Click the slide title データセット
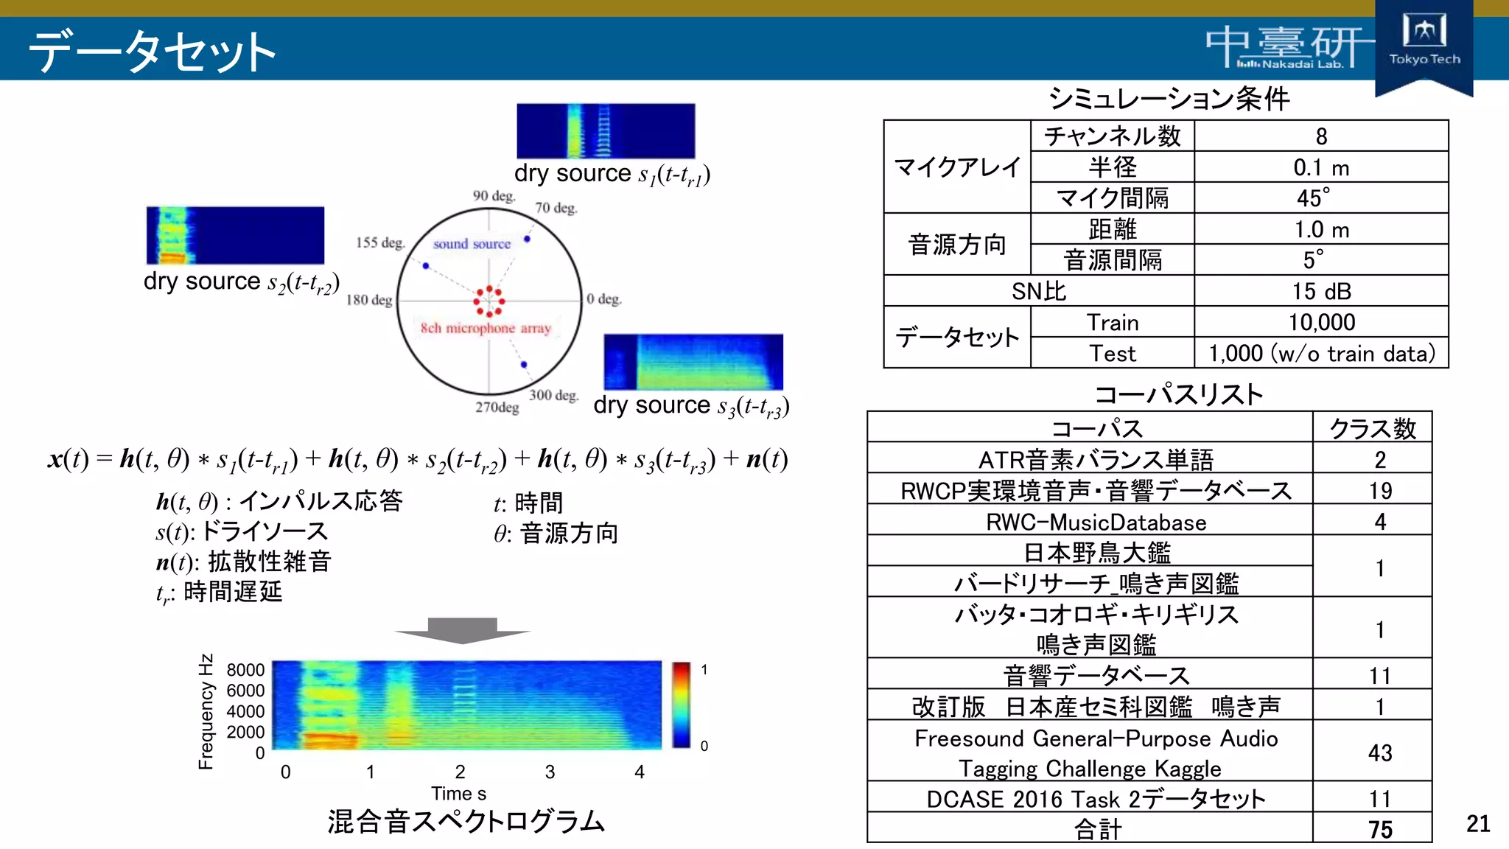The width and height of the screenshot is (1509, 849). [x=152, y=51]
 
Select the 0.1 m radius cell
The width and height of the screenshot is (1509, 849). [x=1320, y=167]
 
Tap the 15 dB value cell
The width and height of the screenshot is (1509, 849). [x=1320, y=291]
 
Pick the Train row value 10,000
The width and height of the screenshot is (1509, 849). [x=1320, y=322]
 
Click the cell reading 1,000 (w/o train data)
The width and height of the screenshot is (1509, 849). [x=1320, y=353]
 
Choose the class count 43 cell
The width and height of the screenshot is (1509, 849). [x=1379, y=752]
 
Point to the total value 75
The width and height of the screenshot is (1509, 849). [x=1379, y=829]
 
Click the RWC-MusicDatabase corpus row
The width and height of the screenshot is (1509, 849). [x=1096, y=522]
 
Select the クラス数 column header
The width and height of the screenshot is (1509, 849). [x=1372, y=428]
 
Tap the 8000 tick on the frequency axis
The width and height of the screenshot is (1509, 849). [x=245, y=670]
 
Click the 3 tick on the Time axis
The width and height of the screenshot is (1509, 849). [x=550, y=772]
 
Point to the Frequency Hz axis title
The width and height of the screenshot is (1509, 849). [x=206, y=711]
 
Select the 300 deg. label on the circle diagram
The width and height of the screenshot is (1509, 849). [x=553, y=395]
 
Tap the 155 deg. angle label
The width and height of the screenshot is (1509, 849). [x=380, y=242]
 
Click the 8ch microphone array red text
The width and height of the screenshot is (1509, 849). [x=486, y=328]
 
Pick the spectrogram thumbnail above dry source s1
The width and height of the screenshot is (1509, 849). [x=605, y=130]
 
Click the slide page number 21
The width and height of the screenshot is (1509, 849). [x=1477, y=823]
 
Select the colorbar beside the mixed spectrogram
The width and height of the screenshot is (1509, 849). [x=681, y=705]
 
